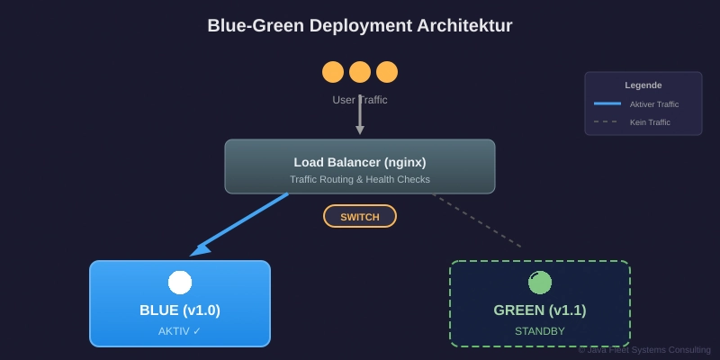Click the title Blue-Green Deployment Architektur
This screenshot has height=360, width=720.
point(360,25)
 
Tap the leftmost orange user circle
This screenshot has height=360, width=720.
point(333,72)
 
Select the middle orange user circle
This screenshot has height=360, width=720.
point(360,72)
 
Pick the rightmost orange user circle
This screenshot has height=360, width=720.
point(387,72)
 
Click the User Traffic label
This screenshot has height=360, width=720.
point(360,100)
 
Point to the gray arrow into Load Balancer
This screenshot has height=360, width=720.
point(360,115)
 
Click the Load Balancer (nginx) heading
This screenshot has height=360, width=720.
point(360,162)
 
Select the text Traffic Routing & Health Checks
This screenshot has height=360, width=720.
point(360,179)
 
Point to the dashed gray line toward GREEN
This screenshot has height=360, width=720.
point(477,220)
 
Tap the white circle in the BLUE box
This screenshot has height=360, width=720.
point(180,283)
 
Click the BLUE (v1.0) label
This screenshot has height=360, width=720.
point(180,310)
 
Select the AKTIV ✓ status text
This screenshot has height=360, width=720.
point(180,331)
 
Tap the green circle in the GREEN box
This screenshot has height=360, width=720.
point(540,283)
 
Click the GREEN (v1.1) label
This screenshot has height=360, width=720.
point(540,310)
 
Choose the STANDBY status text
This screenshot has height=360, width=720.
point(540,331)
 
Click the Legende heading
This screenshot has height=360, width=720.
point(643,85)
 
